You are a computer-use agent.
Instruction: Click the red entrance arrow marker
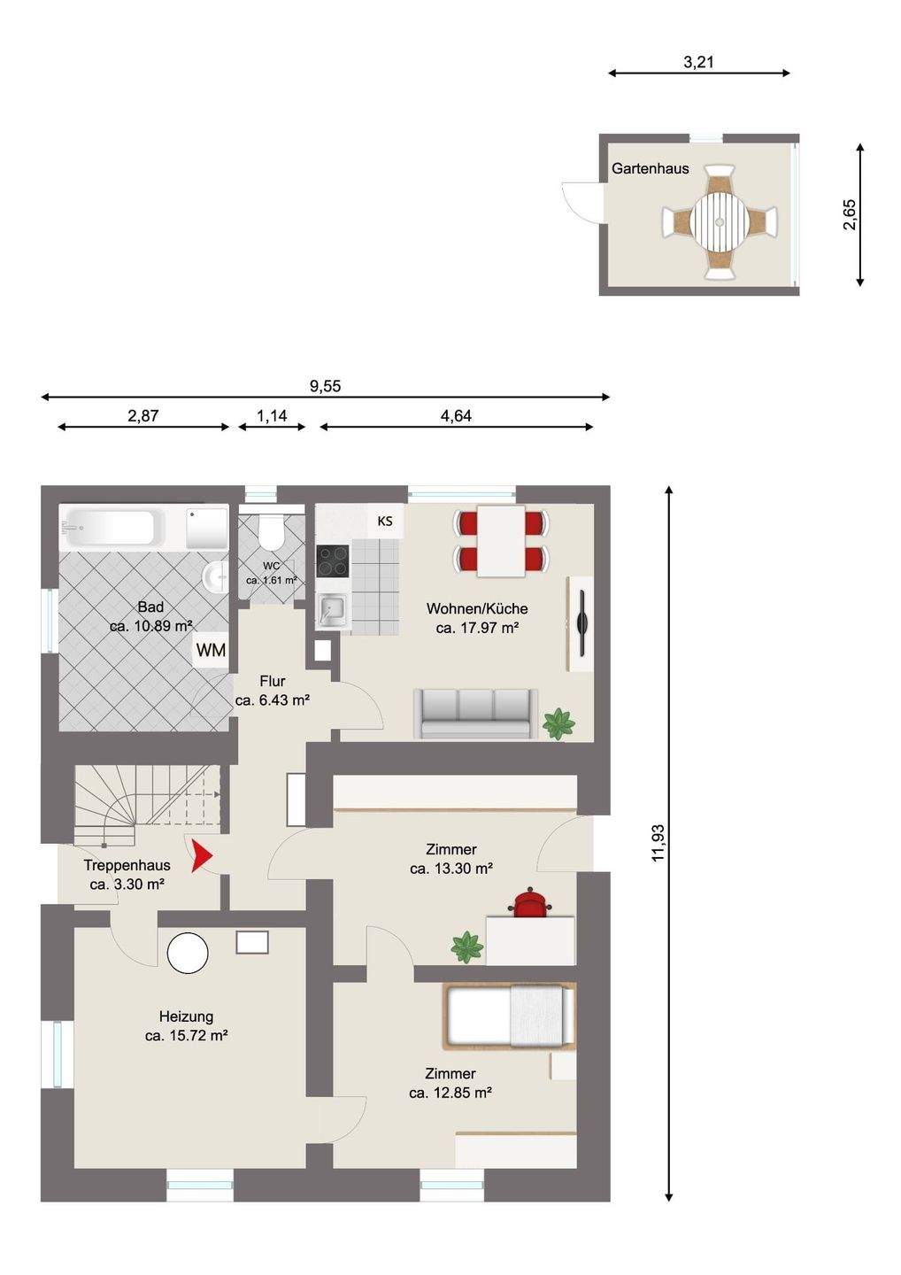pos(201,855)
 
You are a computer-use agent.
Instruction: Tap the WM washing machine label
pos(211,650)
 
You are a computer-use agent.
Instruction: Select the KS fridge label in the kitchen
pos(385,521)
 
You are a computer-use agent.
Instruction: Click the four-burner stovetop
pos(333,560)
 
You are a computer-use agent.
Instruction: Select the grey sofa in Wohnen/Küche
pos(475,714)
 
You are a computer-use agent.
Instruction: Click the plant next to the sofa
pos(558,724)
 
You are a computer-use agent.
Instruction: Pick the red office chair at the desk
pos(530,903)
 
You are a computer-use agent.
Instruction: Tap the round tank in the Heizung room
pos(188,953)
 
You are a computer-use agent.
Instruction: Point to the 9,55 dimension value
pos(326,386)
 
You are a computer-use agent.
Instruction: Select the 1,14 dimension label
pos(272,416)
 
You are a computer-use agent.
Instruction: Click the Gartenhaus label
pos(651,168)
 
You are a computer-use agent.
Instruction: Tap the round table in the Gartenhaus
pos(720,220)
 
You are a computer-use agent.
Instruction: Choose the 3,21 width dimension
pos(698,62)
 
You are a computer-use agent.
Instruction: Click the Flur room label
pos(273,681)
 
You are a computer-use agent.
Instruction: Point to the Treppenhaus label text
pos(127,865)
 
